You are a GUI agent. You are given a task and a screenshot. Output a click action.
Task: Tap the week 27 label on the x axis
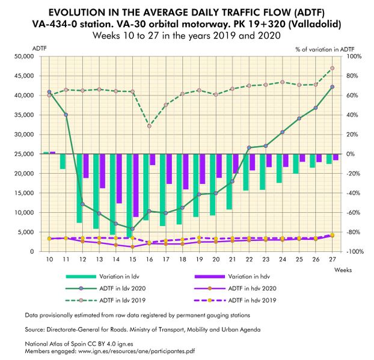[333, 259]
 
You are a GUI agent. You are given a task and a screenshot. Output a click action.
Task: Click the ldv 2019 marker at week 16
[149, 126]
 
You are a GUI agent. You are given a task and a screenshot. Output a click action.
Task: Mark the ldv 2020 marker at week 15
[132, 229]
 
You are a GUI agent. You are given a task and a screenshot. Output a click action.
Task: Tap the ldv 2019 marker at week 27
[333, 68]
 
